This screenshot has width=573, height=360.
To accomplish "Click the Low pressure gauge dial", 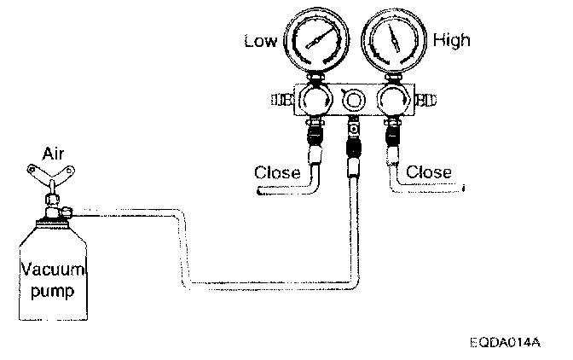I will coord(315,40).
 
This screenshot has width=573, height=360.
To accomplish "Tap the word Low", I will coord(261,40).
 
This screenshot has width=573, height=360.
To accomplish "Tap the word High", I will coord(451,39).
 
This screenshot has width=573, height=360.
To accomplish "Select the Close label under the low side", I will coord(277,173).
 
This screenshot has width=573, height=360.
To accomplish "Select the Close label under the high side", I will coord(429,172).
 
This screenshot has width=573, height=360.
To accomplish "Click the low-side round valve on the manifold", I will coord(315,101).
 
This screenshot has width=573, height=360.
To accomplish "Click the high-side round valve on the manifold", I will coord(392,101).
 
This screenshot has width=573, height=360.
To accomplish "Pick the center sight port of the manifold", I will coord(353,101).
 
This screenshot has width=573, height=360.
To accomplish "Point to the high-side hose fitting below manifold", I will coord(393,142).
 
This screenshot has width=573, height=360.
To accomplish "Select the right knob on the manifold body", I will coord(424,101).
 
